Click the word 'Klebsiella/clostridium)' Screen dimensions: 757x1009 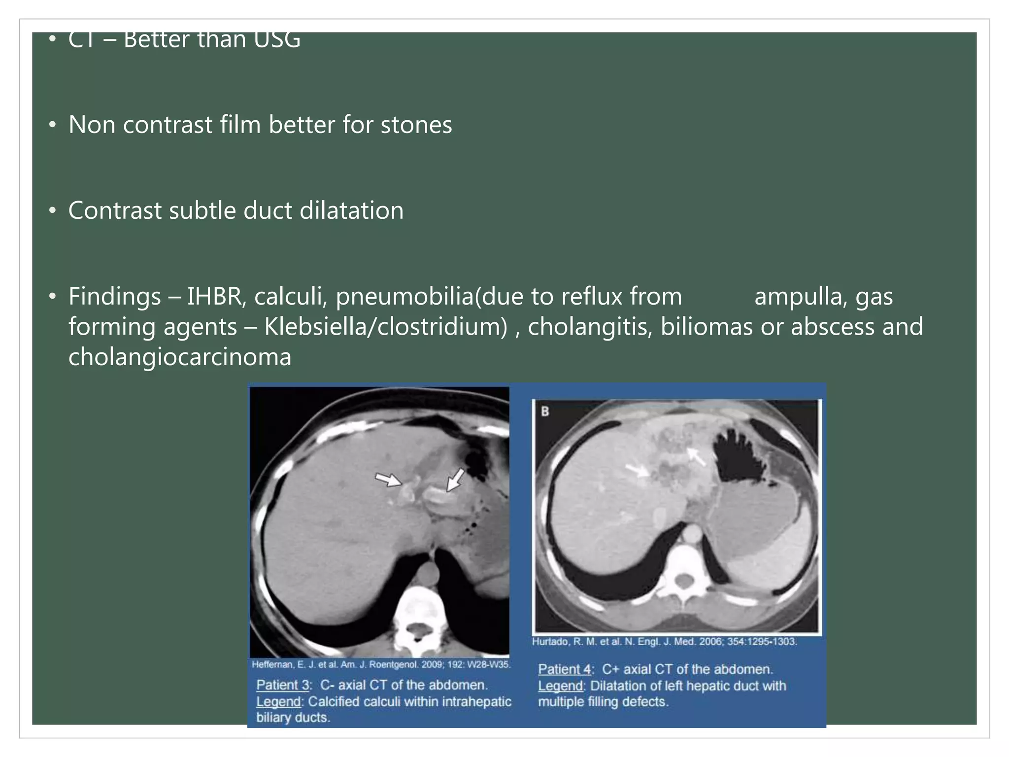[x=385, y=327]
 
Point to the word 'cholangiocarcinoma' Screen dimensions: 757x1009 [x=180, y=357]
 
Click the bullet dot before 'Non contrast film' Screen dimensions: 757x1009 [x=52, y=125]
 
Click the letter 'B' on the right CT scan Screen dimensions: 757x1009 [x=545, y=411]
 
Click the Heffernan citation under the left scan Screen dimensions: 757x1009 [x=381, y=664]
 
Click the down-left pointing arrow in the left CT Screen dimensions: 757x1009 [x=455, y=479]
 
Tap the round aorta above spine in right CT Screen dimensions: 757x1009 [x=693, y=534]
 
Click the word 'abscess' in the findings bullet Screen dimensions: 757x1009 [x=833, y=327]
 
